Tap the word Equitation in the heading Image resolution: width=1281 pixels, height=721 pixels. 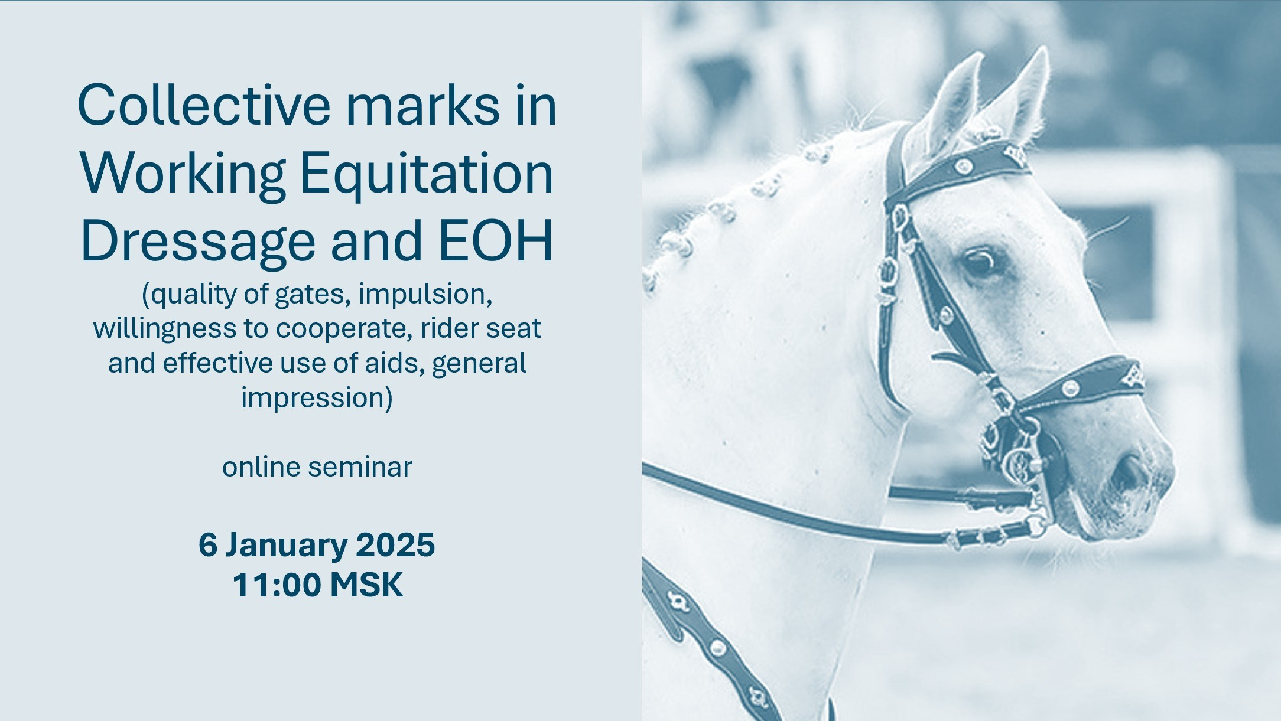point(427,174)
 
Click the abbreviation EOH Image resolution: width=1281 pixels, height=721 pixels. point(496,241)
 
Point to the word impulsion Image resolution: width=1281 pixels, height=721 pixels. point(425,294)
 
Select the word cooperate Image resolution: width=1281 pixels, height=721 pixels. point(344,329)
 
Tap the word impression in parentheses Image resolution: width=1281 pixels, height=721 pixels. point(317,398)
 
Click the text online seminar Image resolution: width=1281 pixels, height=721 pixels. point(317,467)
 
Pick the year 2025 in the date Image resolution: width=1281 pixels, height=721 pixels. point(395,544)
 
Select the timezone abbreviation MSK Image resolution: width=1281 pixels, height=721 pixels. point(366,585)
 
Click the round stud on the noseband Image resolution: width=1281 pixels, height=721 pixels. point(1069,388)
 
